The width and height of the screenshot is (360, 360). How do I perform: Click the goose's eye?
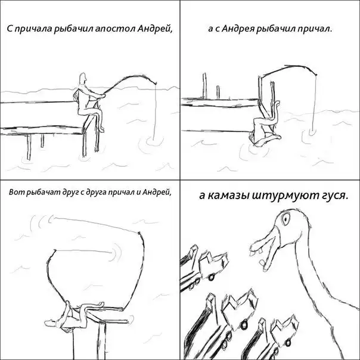285,218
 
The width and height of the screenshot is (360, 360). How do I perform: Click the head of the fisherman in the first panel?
82,78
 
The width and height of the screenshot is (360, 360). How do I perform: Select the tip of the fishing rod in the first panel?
156,83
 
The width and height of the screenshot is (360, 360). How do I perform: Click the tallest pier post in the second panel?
204,86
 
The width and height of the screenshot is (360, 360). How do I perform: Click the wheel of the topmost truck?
210,277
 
